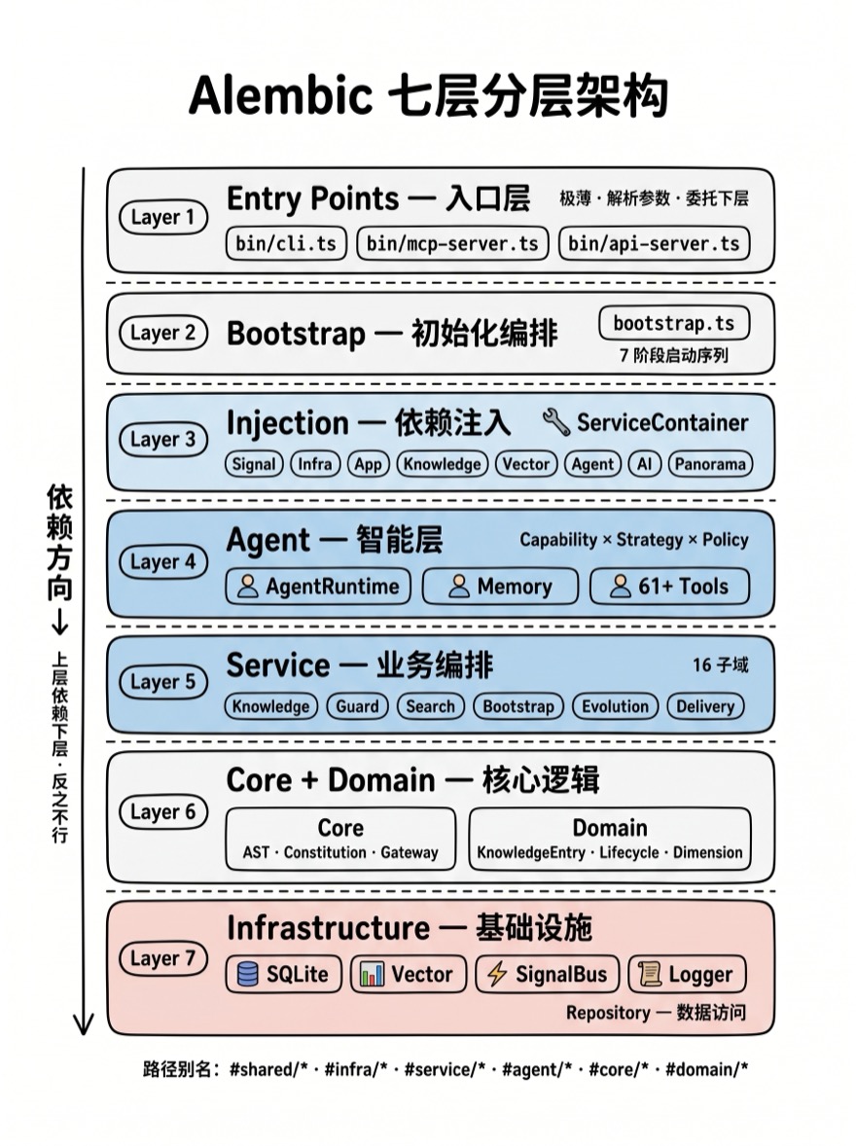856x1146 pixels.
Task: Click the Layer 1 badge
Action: point(163,218)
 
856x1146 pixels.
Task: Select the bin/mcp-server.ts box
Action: point(452,243)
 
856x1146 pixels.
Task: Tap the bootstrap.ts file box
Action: point(674,323)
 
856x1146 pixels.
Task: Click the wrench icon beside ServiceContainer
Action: point(556,421)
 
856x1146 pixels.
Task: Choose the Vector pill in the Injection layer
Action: point(526,464)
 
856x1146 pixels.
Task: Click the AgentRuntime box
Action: point(318,587)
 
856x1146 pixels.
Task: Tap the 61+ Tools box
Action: point(670,587)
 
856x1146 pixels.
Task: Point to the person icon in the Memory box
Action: point(461,587)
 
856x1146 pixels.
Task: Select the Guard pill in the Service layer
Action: point(357,706)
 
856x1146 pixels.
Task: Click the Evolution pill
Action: point(615,706)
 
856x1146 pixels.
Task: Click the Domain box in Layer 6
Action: point(610,839)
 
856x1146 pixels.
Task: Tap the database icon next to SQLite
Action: point(248,974)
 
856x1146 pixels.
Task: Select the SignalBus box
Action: point(547,974)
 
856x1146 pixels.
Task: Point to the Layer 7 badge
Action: point(163,958)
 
